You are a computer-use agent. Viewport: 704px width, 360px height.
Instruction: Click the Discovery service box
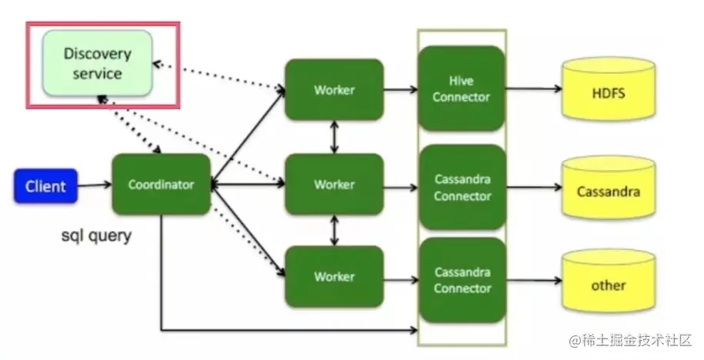pos(97,63)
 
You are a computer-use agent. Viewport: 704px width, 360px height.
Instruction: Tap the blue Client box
pos(45,186)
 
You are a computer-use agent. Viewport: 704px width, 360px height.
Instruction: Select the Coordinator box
pos(161,185)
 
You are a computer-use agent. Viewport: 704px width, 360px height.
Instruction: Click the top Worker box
pos(334,89)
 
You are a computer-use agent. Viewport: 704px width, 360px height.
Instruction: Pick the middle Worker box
pos(334,185)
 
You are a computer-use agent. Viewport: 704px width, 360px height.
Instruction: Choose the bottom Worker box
pos(334,276)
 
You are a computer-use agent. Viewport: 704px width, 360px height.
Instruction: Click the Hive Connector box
pos(461,88)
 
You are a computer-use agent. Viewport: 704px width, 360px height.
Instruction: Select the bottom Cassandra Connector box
pos(462,279)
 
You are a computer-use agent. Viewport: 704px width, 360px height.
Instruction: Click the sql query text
pos(96,235)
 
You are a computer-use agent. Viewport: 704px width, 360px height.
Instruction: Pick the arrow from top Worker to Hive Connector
pos(400,90)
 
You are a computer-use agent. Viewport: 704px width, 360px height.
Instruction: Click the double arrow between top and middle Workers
pos(334,137)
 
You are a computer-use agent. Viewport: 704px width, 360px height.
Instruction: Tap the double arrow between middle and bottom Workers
pos(334,230)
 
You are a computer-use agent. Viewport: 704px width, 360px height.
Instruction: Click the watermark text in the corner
pos(631,339)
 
